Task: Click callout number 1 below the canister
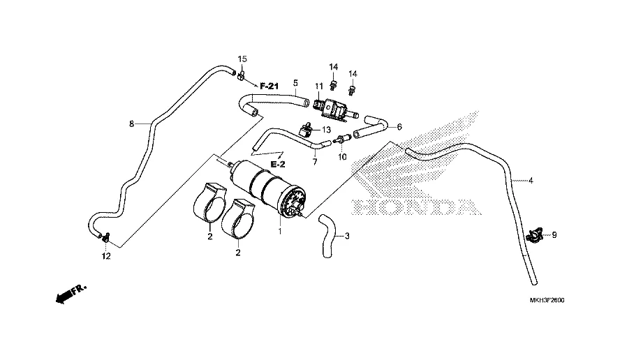coord(280,231)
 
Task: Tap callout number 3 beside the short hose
coord(348,236)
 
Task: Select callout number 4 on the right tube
coord(531,181)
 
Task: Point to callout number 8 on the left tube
coord(131,124)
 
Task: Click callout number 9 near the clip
coord(554,235)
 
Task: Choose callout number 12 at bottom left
coord(106,257)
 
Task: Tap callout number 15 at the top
coord(243,59)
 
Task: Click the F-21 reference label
coord(270,86)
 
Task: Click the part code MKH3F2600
coord(547,300)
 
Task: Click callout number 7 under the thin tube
coord(314,162)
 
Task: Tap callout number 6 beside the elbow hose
coord(399,127)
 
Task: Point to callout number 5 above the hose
coord(295,82)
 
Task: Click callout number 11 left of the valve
coord(318,87)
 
